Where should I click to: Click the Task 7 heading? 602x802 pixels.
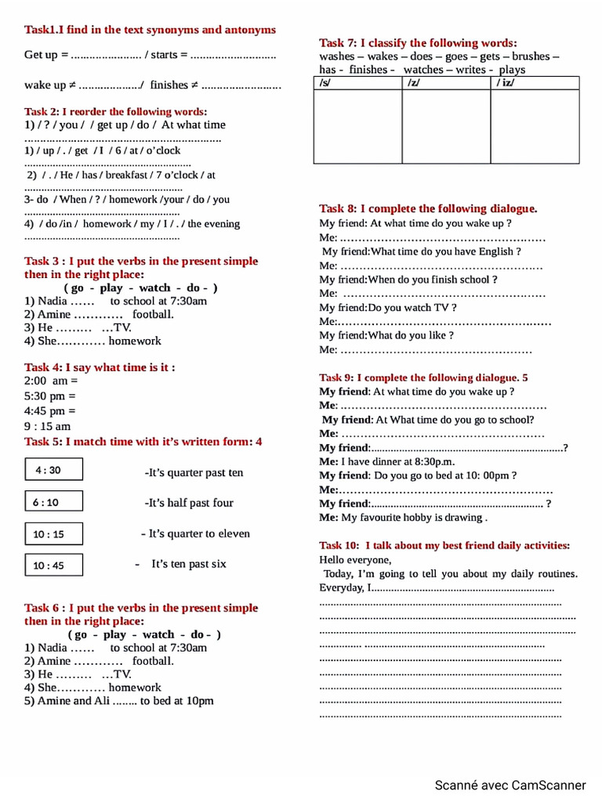[x=418, y=43]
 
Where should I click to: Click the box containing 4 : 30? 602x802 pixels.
[x=53, y=470]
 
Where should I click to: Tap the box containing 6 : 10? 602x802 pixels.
[x=53, y=503]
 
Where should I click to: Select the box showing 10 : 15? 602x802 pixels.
[x=53, y=534]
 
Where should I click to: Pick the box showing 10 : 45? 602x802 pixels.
[x=53, y=565]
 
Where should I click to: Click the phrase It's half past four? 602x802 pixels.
[x=189, y=503]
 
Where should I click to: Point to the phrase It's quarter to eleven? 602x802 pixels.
[x=195, y=533]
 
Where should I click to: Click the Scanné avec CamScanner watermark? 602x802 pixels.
[x=510, y=785]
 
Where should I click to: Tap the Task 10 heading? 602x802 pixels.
[x=444, y=545]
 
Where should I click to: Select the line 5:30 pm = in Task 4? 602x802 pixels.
[x=50, y=396]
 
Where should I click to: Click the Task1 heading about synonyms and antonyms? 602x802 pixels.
[x=150, y=30]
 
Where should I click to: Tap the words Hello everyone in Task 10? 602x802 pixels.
[x=355, y=560]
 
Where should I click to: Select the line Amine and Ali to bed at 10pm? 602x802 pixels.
[x=118, y=701]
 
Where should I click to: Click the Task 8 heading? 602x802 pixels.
[x=428, y=208]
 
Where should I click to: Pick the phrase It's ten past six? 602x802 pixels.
[x=188, y=564]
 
